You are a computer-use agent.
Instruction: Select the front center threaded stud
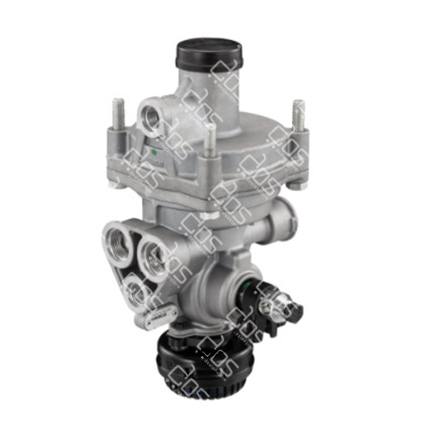(x=209, y=142)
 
